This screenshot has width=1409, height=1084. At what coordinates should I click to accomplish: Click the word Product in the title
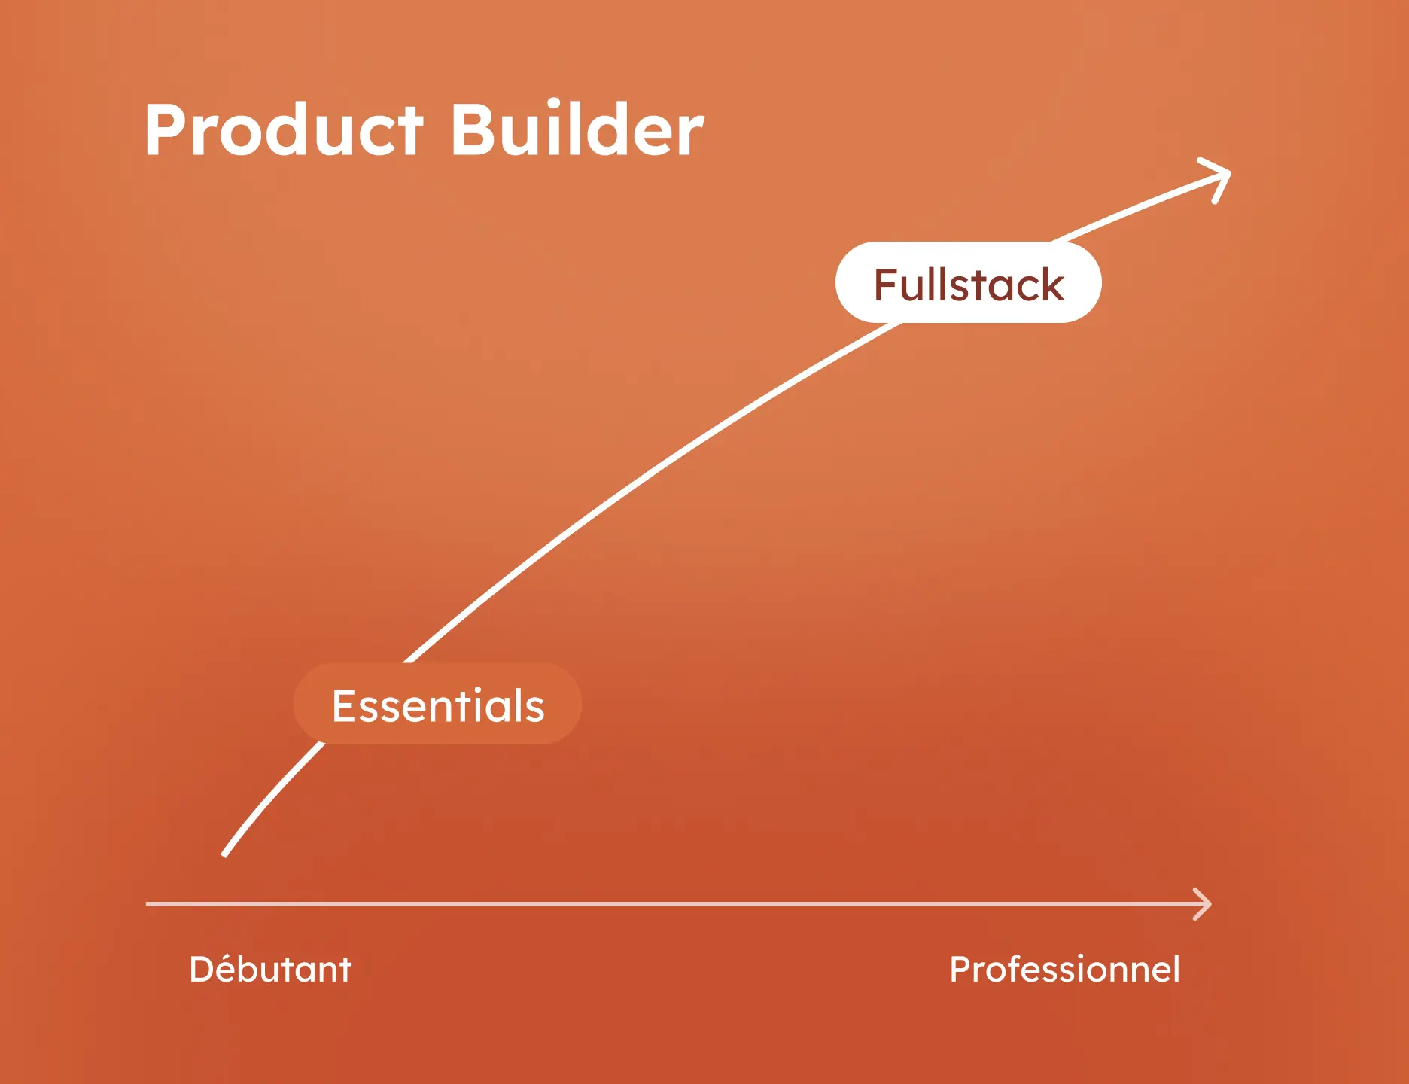284,130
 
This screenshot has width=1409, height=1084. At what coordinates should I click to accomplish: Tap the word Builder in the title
577,130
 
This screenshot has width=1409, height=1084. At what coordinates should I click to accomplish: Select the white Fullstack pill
968,283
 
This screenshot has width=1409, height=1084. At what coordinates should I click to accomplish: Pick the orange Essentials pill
437,705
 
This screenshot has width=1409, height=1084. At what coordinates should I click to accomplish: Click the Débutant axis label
270,969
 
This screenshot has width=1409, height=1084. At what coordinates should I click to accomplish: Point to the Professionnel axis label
1064,969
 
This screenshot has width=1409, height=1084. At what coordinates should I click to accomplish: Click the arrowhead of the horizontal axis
1206,903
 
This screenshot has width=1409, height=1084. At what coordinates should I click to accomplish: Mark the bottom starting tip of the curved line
225,854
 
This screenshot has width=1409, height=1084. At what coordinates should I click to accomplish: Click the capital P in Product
166,130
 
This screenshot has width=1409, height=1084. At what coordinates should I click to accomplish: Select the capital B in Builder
475,130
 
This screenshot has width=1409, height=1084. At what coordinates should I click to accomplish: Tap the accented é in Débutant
230,970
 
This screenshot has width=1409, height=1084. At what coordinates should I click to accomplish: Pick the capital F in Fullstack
886,285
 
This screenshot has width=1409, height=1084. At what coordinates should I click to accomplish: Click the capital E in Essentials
344,706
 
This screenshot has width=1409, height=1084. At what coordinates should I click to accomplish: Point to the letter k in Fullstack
1051,285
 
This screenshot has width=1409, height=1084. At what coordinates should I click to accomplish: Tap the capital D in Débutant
202,969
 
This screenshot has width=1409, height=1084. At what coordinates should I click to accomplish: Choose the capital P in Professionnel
961,969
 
